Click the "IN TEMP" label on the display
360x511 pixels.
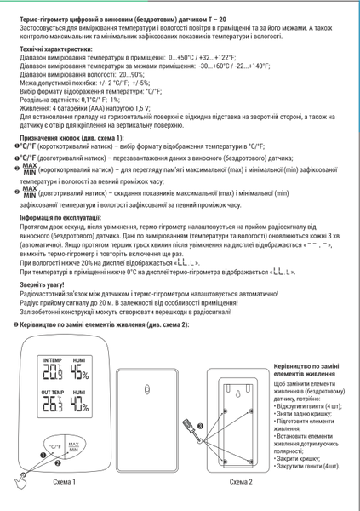pos(52,360)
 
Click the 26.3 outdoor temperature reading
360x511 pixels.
pos(52,406)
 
